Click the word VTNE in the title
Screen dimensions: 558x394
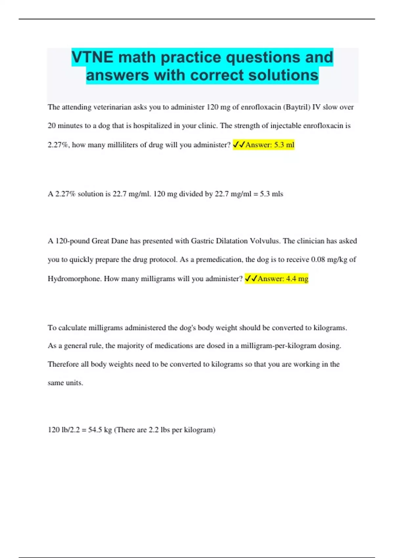pos(92,57)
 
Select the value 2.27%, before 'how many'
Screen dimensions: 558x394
pos(58,145)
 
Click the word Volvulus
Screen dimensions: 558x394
pos(265,241)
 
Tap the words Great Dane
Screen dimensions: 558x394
pos(110,241)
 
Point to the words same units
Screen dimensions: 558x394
pos(65,383)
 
